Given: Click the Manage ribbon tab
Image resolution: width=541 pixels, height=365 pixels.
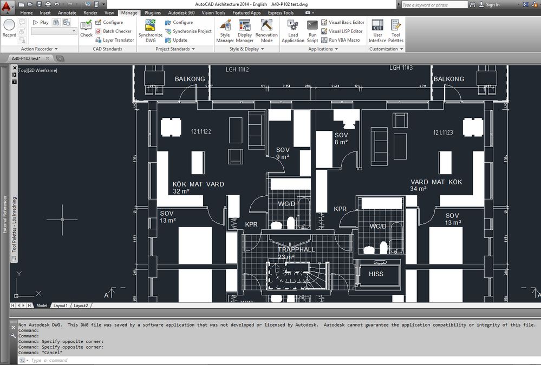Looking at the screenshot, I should (129, 12).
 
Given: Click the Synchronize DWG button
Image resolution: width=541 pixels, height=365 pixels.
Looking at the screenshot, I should (150, 31).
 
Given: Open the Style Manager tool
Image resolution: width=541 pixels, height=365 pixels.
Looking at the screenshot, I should (225, 31).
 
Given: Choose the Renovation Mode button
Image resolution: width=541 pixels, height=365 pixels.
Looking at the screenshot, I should (266, 31).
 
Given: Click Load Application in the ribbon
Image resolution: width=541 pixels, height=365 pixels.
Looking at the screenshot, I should (293, 31).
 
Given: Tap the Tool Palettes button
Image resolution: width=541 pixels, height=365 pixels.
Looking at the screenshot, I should (396, 31).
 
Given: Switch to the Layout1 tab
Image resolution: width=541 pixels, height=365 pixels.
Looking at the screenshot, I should (60, 306).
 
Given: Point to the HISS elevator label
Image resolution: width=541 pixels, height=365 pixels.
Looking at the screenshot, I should (376, 274).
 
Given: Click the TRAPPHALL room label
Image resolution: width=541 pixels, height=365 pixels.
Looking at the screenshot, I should (296, 250).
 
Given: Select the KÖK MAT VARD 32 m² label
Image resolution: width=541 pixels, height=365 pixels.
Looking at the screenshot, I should (198, 187).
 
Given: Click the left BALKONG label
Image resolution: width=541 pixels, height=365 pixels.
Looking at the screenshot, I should (190, 79).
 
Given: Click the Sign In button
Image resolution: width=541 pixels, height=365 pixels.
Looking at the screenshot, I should (492, 5).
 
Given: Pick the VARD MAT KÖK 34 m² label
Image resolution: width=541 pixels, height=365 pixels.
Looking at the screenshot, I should (436, 185).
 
